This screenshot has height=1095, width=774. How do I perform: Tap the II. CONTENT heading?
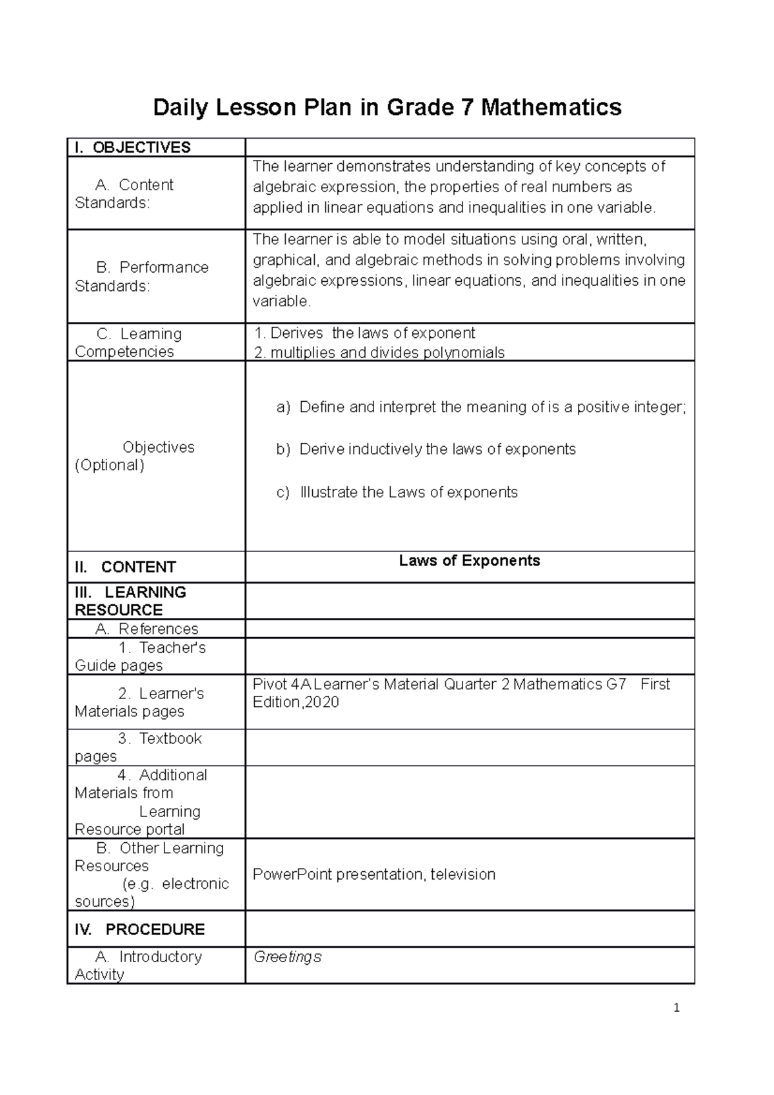pos(125,567)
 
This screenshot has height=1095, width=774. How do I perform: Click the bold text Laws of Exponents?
pos(469,560)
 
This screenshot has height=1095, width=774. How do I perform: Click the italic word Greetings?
pos(287,956)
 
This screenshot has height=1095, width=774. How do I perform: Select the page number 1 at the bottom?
pos(676,1009)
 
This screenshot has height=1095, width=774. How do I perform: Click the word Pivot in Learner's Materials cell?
pos(267,684)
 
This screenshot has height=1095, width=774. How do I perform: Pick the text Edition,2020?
pos(295,702)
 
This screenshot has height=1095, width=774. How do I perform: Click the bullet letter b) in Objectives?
pos(284,449)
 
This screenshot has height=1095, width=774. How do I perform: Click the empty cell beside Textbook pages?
pos(469,747)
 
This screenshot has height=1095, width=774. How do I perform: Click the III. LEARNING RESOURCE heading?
pos(130,601)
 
